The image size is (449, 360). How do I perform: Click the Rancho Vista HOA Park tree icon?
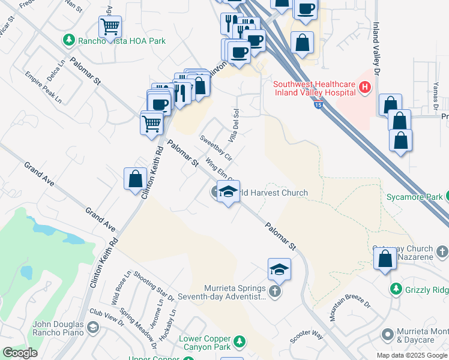pos(68,40)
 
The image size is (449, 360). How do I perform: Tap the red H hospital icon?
pos(364,89)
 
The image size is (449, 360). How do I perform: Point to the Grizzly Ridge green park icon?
pos(396,289)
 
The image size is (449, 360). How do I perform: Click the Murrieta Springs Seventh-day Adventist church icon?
pos(275,291)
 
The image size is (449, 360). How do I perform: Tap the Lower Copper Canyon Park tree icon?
pos(240,341)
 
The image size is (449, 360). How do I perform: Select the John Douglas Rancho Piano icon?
pos(92,327)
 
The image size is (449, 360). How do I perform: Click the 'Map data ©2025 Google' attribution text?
pos(411,355)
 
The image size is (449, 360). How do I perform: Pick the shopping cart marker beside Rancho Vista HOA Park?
pos(110,26)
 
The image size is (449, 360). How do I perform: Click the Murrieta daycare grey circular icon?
pos(387,334)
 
